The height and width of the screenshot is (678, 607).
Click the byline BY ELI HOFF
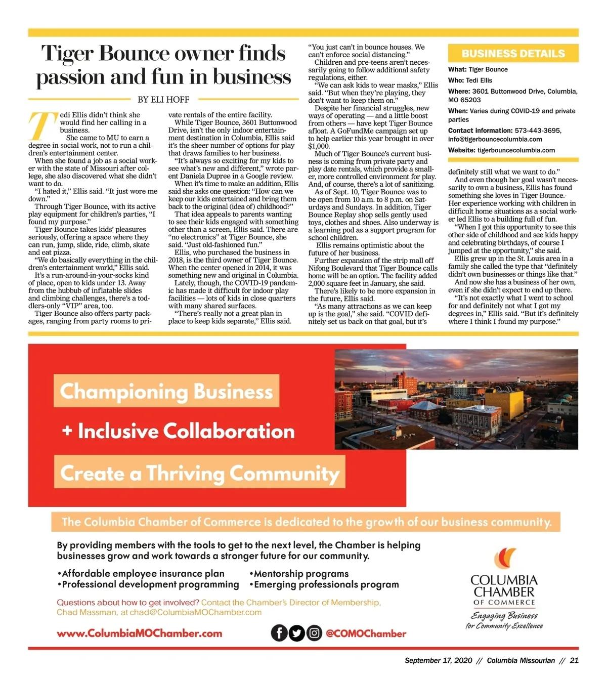pos(163,100)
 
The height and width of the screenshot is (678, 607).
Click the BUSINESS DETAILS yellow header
pos(513,54)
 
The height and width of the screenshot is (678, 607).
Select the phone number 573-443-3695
pos(536,131)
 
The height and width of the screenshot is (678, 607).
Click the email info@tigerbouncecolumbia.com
pos(495,139)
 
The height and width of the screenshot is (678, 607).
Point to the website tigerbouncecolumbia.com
pos(516,150)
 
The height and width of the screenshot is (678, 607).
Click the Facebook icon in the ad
pos(279,633)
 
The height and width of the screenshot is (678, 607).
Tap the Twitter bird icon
pos(297,633)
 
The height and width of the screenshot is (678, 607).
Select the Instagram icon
pos(314,633)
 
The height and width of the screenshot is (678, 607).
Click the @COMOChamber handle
pos(366,633)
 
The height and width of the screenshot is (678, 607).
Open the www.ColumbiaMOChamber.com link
pos(139,633)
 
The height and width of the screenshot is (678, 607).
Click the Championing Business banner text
pos(166,391)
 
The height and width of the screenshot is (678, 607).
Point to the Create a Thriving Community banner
pos(199,473)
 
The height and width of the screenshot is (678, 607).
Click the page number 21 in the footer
pos(574,660)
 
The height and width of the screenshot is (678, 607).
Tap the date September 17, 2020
pos(438,660)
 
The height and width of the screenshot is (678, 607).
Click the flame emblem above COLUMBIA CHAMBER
pos(505,559)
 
